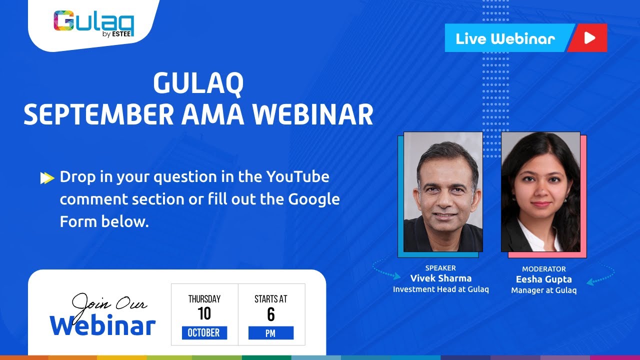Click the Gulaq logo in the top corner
pyautogui.click(x=93, y=23)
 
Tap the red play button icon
pyautogui.click(x=589, y=38)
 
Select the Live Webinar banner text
pyautogui.click(x=505, y=38)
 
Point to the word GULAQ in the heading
pyautogui.click(x=198, y=83)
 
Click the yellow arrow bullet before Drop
pyautogui.click(x=47, y=177)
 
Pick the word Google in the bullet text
pyautogui.click(x=314, y=199)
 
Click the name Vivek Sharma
pyautogui.click(x=440, y=278)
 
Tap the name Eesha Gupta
pyautogui.click(x=543, y=279)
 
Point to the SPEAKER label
pyautogui.click(x=440, y=268)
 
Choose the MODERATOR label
pyautogui.click(x=543, y=269)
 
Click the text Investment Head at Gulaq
pyautogui.click(x=440, y=289)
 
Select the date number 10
pyautogui.click(x=204, y=314)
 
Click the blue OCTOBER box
pyautogui.click(x=204, y=333)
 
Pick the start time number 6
pyautogui.click(x=270, y=314)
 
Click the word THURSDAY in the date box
pyautogui.click(x=204, y=299)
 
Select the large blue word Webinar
pyautogui.click(x=102, y=325)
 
